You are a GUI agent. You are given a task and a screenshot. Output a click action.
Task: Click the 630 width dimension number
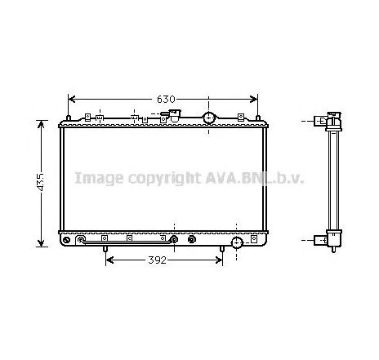coord(166,99)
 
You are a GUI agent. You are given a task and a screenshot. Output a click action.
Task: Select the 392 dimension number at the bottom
coord(158,260)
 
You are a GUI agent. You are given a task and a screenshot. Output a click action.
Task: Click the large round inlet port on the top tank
coord(209,118)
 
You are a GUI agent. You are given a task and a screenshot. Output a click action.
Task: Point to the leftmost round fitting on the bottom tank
coord(81,240)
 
